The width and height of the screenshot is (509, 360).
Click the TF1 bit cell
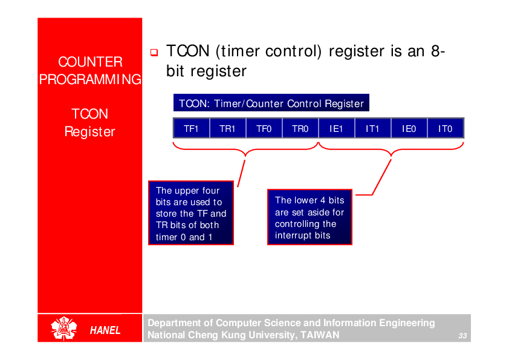click(191, 128)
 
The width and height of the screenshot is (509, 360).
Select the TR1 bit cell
click(227, 128)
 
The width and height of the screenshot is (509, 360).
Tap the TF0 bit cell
click(264, 128)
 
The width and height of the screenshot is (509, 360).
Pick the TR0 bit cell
click(300, 128)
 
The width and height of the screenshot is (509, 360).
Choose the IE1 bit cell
click(336, 128)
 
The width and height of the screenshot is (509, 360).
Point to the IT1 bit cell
click(372, 128)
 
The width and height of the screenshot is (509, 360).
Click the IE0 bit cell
click(409, 128)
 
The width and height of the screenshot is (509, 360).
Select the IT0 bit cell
click(446, 128)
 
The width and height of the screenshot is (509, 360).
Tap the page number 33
click(463, 336)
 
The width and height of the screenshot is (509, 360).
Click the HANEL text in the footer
click(105, 330)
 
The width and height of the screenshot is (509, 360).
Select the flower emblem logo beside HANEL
click(63, 329)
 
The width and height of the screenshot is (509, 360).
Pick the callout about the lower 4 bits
click(310, 217)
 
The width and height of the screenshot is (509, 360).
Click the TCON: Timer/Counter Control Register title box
click(271, 103)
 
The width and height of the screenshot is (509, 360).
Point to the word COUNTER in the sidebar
click(90, 62)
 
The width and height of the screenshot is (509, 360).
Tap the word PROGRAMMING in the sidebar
click(90, 79)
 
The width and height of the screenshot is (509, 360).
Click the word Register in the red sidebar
click(90, 131)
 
